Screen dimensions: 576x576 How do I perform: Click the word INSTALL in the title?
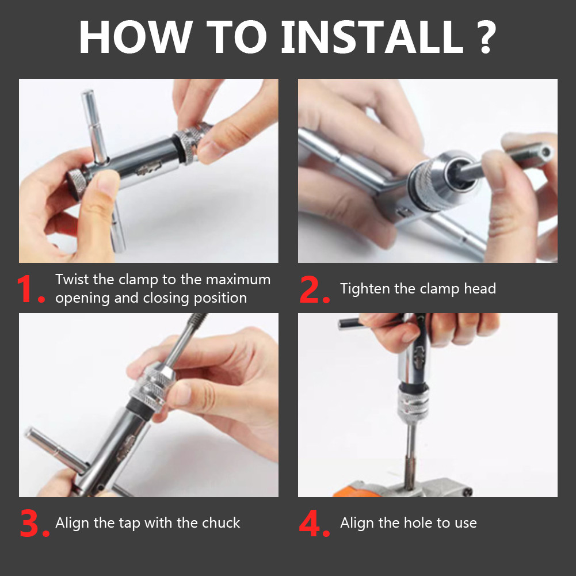372,37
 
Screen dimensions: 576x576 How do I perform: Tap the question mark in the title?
486,37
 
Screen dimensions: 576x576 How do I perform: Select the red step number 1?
31,289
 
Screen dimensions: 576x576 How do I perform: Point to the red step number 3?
34,522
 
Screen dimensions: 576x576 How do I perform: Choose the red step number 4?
314,522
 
